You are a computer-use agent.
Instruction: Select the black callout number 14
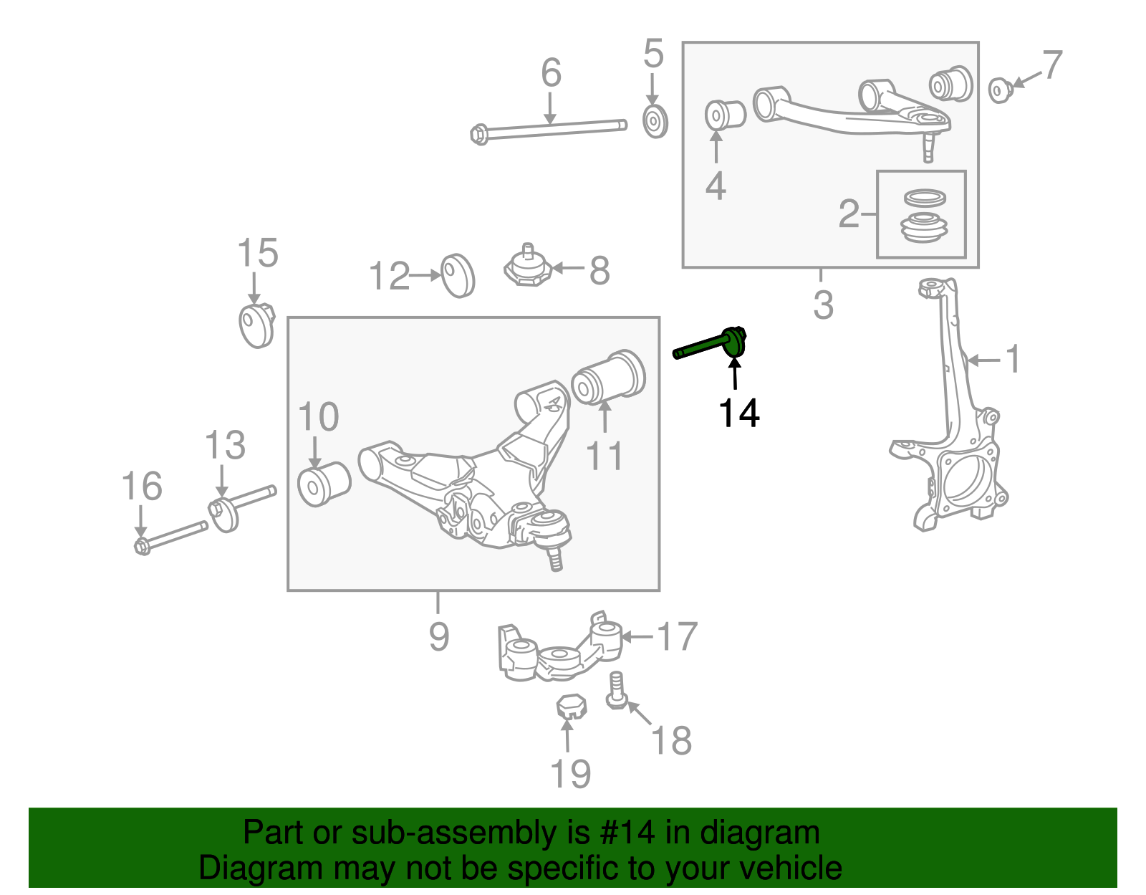738,413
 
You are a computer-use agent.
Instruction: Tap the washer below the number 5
655,122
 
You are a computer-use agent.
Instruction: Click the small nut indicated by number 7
1000,90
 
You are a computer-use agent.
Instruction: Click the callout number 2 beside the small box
849,214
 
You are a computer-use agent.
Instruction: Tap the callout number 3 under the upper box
823,305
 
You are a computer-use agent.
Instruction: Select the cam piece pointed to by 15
256,326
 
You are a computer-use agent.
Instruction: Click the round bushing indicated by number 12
458,275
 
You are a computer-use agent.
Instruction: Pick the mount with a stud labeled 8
526,267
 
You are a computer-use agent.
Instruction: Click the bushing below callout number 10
324,484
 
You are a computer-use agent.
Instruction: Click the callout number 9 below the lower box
438,636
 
